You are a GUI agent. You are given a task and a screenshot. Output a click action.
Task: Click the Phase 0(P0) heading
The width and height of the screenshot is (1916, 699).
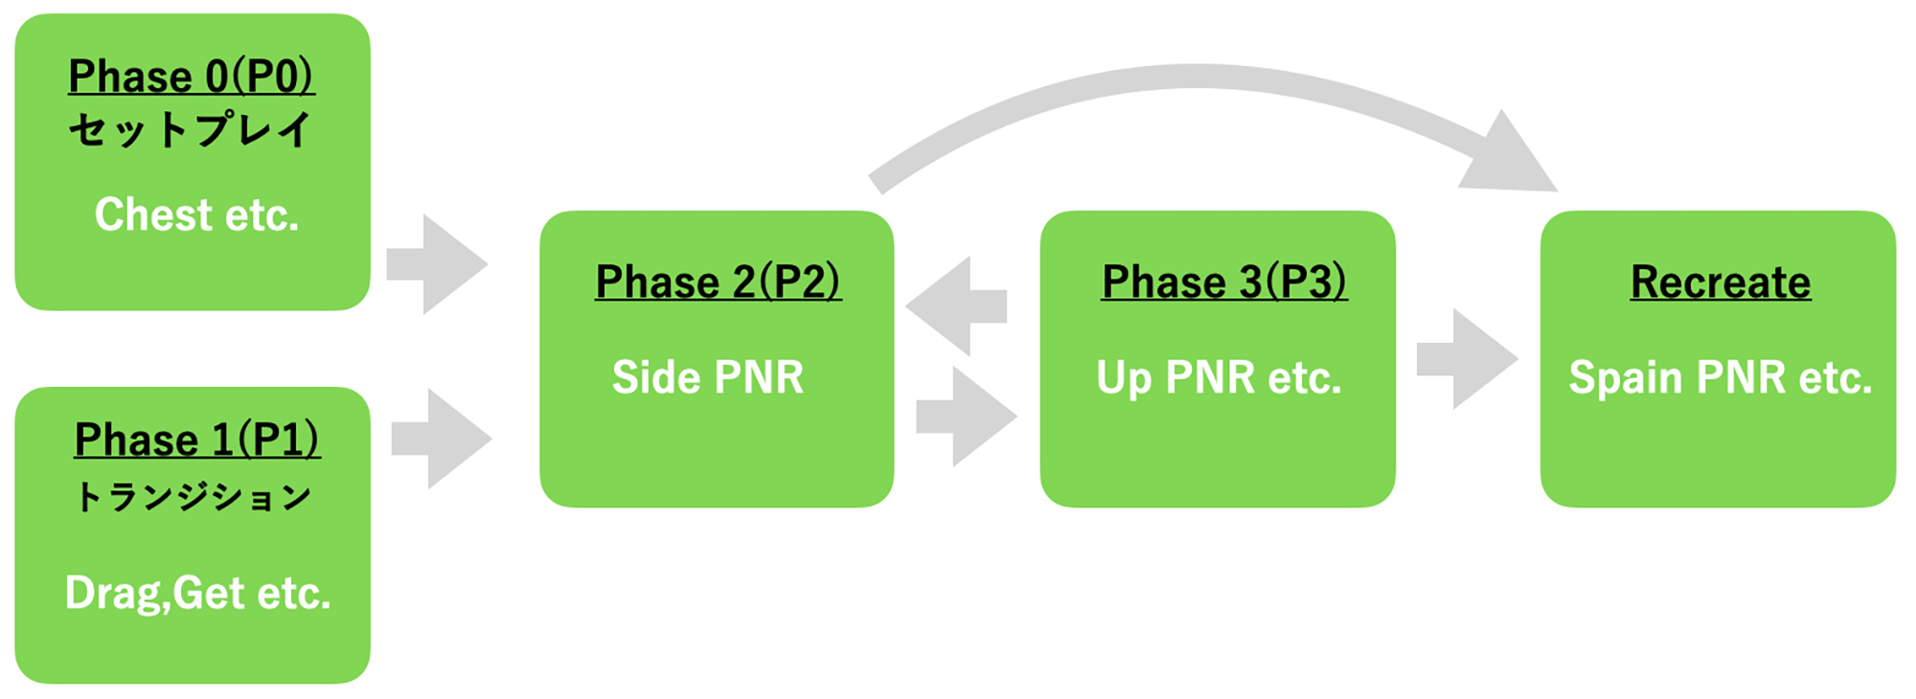pos(192,77)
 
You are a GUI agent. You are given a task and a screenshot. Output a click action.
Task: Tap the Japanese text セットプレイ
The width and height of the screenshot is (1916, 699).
pos(191,129)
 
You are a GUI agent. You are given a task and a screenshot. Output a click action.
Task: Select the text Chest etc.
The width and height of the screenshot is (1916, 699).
pos(196,214)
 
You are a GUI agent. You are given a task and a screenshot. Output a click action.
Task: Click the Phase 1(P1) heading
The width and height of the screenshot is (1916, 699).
pos(197,440)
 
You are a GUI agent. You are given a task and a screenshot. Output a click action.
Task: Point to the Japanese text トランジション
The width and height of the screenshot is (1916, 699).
pos(194,496)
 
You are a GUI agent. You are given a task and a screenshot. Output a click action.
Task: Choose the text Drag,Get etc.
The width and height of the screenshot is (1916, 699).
pos(197,594)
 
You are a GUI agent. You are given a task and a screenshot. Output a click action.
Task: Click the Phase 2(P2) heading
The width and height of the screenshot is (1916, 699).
pos(718,282)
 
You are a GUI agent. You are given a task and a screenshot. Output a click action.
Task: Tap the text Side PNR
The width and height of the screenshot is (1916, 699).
pos(708,377)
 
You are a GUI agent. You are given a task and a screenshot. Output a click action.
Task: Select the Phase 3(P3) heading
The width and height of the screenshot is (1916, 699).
pos(1224,282)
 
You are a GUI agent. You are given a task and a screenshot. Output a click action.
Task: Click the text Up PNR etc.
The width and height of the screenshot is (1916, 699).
pos(1219,378)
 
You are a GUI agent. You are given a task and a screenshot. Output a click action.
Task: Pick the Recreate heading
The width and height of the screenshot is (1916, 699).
pos(1721,282)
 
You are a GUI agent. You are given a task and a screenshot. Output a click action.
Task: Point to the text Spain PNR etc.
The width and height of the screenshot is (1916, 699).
pos(1721,378)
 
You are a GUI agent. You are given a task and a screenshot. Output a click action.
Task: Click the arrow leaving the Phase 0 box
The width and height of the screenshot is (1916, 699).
pos(437,264)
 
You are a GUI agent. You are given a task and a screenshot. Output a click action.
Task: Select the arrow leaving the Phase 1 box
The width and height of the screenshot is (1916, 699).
pos(442,439)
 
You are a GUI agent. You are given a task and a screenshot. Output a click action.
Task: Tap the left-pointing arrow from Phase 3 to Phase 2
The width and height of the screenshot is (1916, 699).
pos(956,306)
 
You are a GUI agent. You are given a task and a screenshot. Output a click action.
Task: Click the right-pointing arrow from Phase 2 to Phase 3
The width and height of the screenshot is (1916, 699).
pos(967,417)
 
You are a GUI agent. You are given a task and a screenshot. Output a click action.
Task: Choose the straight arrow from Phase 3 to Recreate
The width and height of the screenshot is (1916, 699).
pos(1468,359)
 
